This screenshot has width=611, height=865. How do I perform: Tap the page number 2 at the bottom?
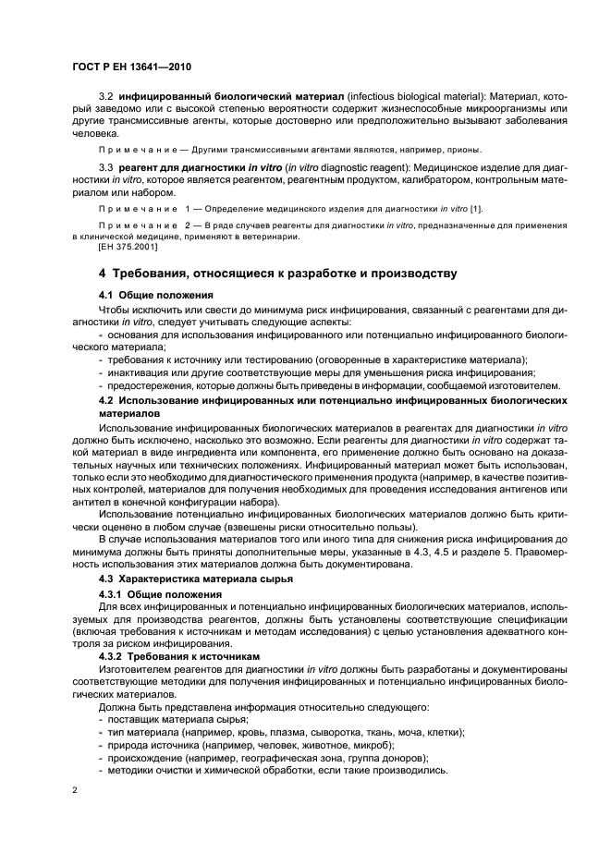coord(75,790)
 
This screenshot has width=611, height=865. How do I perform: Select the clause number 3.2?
coord(106,97)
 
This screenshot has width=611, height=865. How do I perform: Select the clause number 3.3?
coord(106,168)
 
